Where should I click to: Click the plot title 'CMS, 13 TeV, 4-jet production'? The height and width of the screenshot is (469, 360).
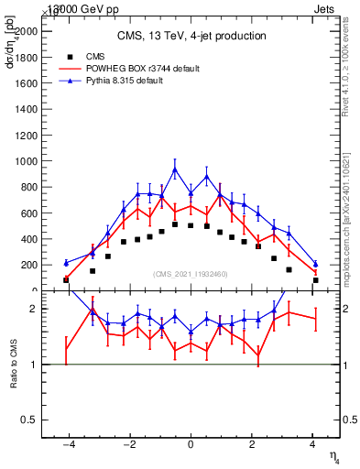191,36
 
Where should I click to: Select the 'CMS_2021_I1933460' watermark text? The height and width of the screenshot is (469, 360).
191,274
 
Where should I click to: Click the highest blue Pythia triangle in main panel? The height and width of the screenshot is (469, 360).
175,169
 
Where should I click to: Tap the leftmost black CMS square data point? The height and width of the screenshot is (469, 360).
66,280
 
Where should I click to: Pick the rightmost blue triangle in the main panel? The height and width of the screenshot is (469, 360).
315,264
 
